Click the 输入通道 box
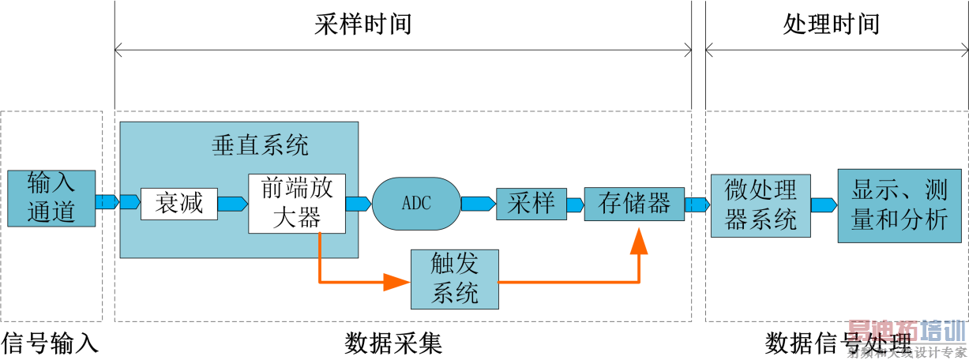(x=51, y=199)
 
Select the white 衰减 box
(x=178, y=204)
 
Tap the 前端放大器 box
(x=296, y=204)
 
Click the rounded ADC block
(x=416, y=203)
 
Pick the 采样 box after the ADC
(x=531, y=204)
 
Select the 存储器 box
(x=634, y=204)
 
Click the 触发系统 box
(x=455, y=279)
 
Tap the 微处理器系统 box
(x=761, y=205)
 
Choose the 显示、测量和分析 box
(x=900, y=204)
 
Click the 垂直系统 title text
(x=260, y=145)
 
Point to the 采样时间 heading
(x=363, y=24)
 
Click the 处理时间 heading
(x=831, y=24)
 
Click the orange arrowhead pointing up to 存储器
(x=638, y=242)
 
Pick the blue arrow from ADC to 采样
(x=478, y=204)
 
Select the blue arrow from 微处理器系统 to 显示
(x=824, y=204)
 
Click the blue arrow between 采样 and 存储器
(x=574, y=204)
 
